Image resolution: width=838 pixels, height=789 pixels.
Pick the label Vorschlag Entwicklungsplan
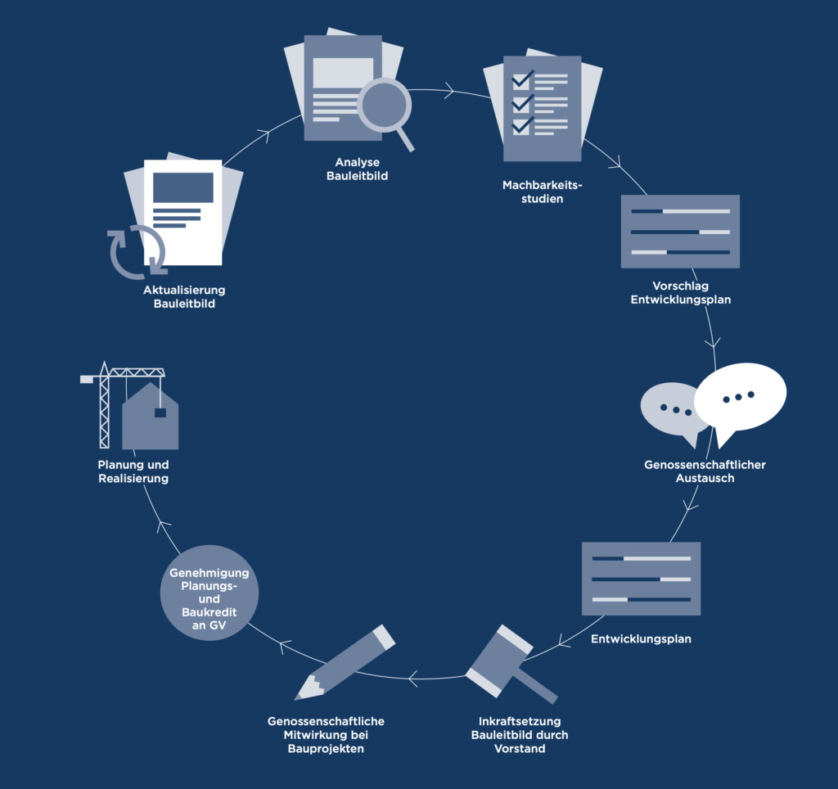(x=680, y=293)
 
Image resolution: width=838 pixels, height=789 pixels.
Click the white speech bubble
(x=740, y=395)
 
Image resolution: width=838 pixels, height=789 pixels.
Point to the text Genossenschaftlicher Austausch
(x=705, y=471)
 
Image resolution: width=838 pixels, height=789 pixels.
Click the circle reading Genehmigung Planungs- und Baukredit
(x=209, y=592)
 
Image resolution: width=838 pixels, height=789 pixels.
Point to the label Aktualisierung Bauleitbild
(x=184, y=296)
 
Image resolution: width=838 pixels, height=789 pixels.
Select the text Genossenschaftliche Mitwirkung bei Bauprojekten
(x=326, y=735)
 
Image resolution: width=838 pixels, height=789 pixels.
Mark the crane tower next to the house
(x=104, y=409)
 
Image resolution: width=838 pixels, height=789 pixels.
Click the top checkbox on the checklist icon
(x=521, y=80)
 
